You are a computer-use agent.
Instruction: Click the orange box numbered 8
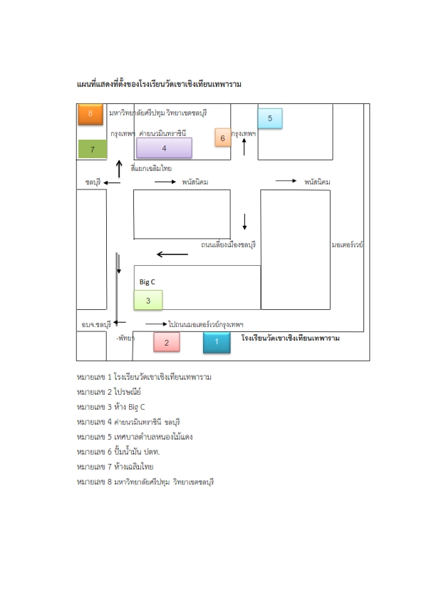click(x=91, y=114)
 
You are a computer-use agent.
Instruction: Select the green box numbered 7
click(x=93, y=149)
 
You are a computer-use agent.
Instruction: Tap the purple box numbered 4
click(x=164, y=148)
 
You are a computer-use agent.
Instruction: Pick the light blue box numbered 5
click(x=270, y=118)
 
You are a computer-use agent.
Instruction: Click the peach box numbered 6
click(x=223, y=138)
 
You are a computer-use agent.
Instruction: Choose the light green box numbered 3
click(x=148, y=301)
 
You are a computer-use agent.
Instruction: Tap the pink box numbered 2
click(x=167, y=342)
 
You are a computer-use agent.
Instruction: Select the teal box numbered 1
click(x=217, y=342)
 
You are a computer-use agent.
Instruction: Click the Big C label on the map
click(x=147, y=282)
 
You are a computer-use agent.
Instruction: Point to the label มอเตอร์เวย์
click(x=348, y=244)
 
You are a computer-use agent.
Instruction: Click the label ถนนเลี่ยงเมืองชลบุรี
click(x=229, y=244)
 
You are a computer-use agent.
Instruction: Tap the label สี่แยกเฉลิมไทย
click(x=151, y=168)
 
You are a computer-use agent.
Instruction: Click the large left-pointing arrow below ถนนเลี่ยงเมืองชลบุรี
click(x=172, y=254)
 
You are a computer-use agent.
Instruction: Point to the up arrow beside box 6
click(x=244, y=147)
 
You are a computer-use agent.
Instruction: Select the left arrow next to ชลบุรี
click(x=112, y=183)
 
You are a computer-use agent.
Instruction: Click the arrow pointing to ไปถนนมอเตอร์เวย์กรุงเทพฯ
click(x=156, y=324)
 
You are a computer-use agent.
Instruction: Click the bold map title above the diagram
click(x=159, y=84)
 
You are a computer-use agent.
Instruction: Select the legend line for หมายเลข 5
click(x=135, y=437)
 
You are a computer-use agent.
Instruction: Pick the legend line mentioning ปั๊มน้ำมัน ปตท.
click(x=118, y=452)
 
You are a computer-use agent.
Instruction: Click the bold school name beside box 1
click(x=291, y=338)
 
